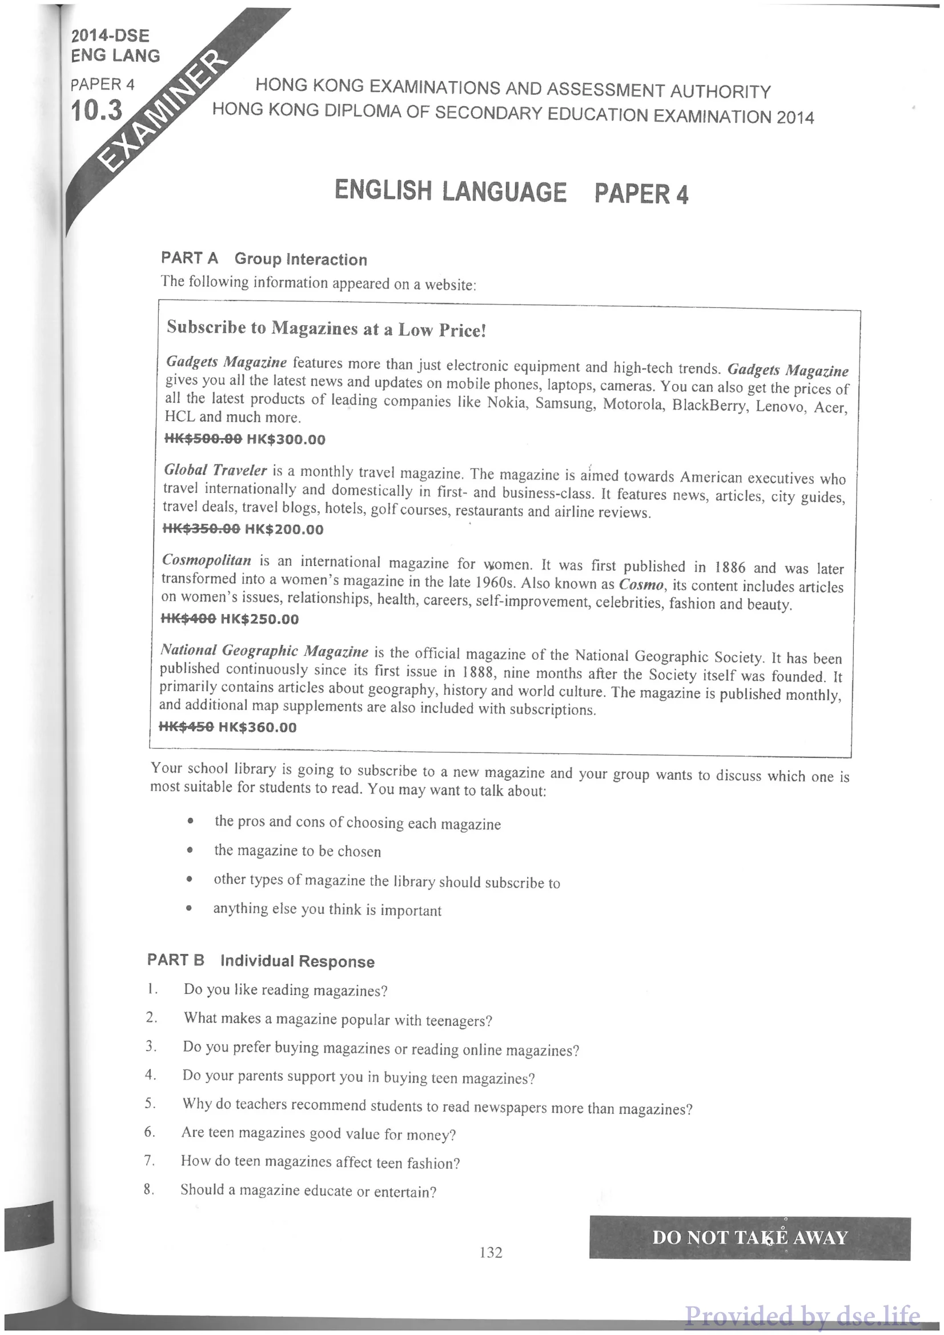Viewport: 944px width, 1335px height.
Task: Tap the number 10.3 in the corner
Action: [x=97, y=110]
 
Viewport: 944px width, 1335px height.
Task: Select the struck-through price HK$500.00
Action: [x=203, y=438]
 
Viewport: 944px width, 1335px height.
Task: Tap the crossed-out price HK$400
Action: [x=188, y=619]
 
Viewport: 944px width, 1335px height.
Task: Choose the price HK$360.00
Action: [x=258, y=727]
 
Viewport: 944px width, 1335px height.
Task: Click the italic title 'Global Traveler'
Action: [x=215, y=470]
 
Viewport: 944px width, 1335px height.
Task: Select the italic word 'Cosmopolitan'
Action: [x=207, y=560]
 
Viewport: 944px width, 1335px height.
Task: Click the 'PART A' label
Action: [x=190, y=258]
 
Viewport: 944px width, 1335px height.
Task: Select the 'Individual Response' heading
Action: [x=297, y=961]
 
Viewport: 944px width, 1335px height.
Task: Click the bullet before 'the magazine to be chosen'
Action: [x=190, y=850]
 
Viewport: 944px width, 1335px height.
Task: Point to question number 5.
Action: [x=150, y=1103]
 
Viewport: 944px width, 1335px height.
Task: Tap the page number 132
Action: [x=491, y=1252]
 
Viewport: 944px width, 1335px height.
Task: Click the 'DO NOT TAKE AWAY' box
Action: [x=749, y=1237]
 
